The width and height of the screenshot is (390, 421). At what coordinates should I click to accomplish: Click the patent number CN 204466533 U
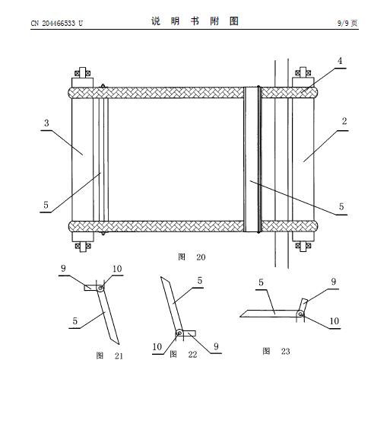tap(56, 24)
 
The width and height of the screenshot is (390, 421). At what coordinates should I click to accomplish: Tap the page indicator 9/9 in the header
tap(343, 23)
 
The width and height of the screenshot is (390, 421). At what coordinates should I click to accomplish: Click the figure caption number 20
tap(201, 257)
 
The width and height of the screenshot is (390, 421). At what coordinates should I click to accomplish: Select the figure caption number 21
tap(119, 356)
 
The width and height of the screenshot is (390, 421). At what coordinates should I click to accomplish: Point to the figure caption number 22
tap(192, 355)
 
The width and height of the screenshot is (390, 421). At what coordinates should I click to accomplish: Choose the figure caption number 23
tap(285, 351)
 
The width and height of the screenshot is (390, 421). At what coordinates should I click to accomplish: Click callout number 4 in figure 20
tap(340, 61)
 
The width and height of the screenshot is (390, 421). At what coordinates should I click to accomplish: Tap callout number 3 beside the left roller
tap(46, 123)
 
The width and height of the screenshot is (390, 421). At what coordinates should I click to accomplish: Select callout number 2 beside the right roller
tap(344, 121)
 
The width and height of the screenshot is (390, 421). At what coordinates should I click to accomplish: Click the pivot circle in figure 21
tap(100, 289)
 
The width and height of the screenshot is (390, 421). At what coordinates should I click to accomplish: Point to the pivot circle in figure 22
tap(179, 333)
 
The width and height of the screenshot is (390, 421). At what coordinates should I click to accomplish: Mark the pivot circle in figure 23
tap(300, 314)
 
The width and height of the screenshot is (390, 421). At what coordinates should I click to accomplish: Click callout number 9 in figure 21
tap(63, 268)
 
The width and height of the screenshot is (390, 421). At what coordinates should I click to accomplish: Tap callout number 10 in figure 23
tap(335, 321)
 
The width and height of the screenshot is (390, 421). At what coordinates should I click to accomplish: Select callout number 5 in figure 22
tap(200, 281)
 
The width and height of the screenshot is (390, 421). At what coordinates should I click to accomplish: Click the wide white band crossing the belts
tap(252, 159)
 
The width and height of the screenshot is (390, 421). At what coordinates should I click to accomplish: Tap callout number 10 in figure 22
tap(157, 346)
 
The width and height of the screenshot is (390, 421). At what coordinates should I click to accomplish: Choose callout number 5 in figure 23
tap(261, 282)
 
